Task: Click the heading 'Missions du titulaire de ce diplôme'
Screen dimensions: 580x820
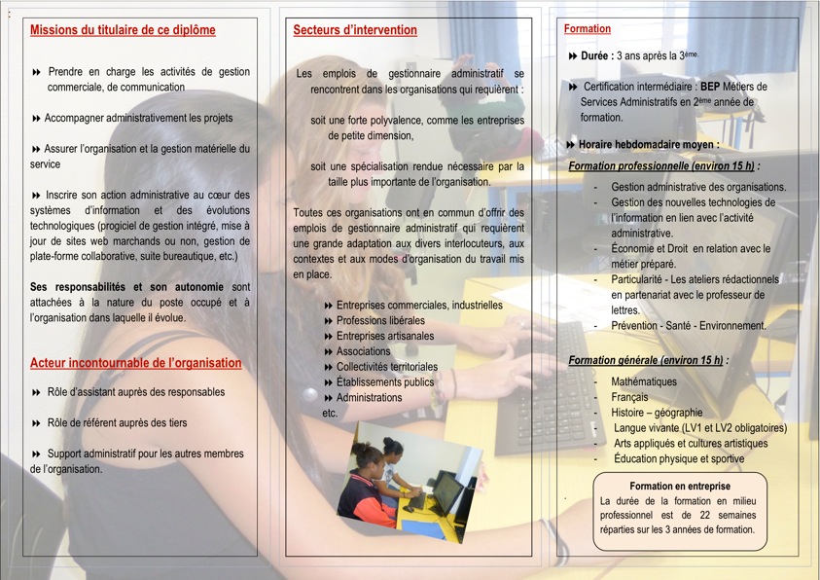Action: (123, 30)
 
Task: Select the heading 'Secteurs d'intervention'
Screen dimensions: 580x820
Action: (355, 30)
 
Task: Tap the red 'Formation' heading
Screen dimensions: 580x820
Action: (588, 29)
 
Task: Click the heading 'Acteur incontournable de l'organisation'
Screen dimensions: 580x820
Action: (135, 363)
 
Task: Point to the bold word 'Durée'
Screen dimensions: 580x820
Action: (596, 56)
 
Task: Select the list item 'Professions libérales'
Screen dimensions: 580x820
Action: (380, 320)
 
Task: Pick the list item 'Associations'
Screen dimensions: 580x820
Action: (363, 351)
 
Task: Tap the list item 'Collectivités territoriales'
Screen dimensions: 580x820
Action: (386, 367)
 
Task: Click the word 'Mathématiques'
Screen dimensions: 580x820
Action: (644, 381)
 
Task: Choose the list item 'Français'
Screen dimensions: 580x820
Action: (629, 397)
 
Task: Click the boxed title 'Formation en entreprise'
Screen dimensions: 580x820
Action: (680, 486)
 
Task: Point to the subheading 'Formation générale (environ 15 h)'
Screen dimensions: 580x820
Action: (648, 360)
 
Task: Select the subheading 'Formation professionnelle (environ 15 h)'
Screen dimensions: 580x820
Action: (663, 165)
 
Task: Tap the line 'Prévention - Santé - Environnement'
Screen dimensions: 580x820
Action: (688, 326)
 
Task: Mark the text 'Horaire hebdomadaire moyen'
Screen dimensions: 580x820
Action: (648, 144)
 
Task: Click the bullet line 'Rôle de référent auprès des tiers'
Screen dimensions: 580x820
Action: (117, 423)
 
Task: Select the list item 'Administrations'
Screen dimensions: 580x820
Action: (369, 397)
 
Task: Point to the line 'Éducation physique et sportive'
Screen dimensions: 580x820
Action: (679, 458)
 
